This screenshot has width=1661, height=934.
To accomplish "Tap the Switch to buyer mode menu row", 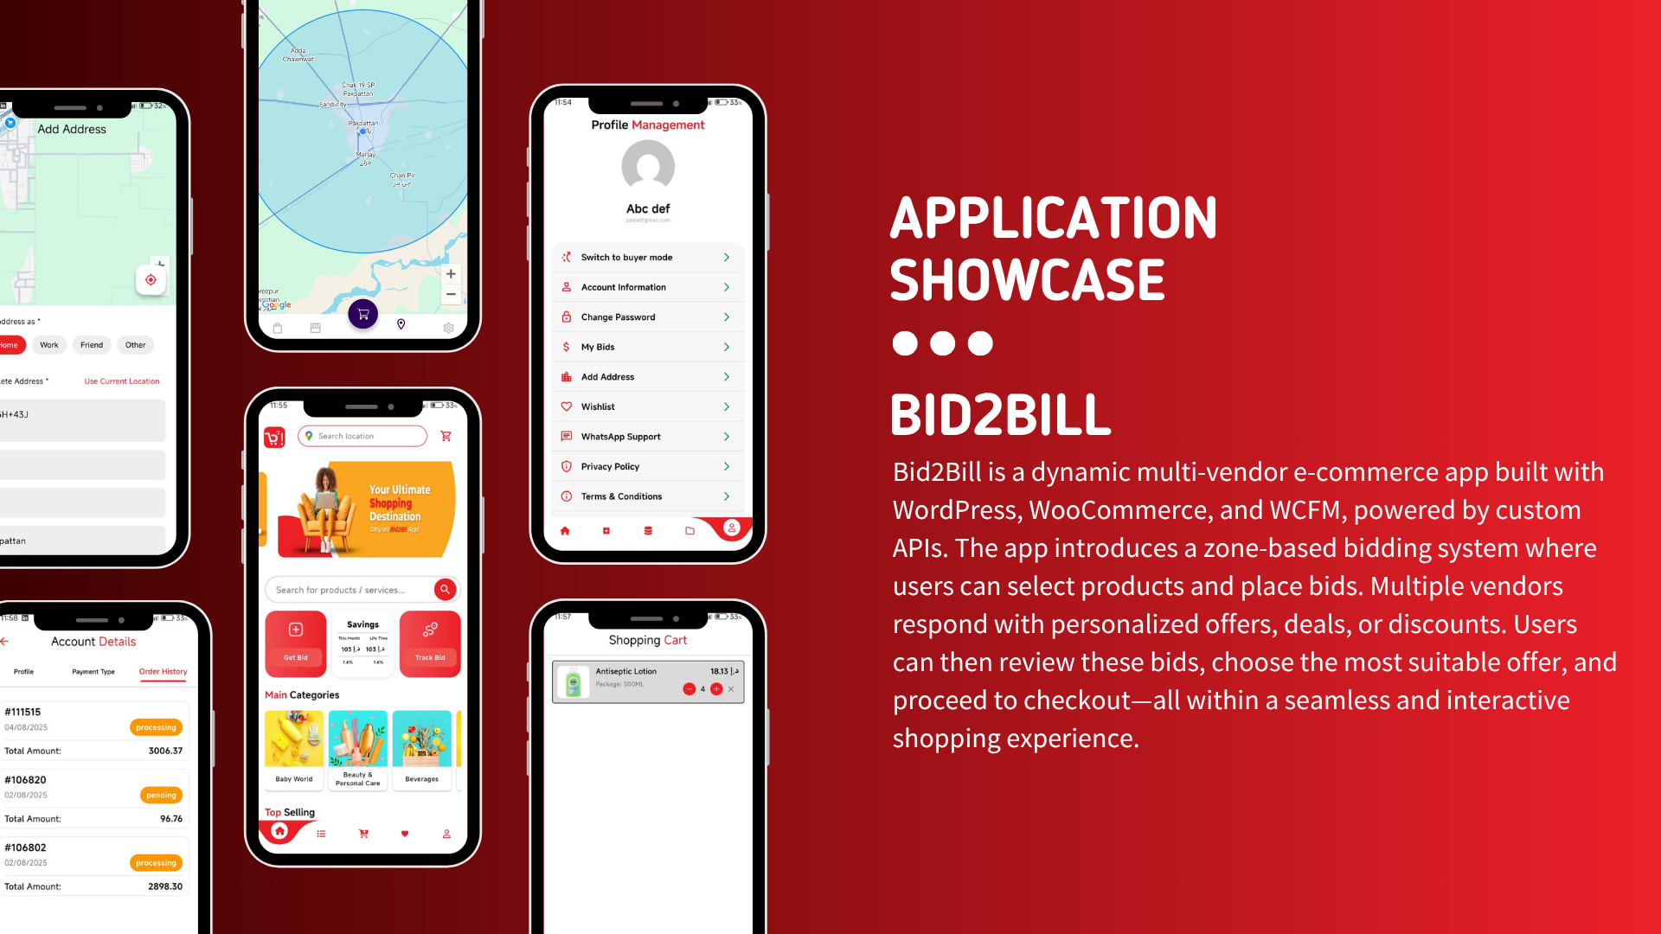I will [647, 258].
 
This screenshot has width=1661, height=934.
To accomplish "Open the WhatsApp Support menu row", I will [647, 437].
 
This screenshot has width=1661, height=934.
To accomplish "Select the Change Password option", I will [647, 317].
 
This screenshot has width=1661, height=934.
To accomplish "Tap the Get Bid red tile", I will [296, 643].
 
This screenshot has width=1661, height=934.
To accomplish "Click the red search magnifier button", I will [445, 590].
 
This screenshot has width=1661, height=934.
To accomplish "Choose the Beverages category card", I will [422, 748].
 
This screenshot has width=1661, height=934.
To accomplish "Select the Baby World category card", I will [294, 748].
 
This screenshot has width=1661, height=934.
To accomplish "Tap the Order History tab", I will [163, 672].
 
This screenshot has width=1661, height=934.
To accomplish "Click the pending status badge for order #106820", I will [161, 796].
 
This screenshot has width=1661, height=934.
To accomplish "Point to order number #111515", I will [22, 713].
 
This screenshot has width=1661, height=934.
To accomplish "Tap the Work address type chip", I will [49, 345].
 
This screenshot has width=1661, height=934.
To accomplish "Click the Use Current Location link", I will [122, 381].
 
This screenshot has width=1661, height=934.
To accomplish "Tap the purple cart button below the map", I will [363, 314].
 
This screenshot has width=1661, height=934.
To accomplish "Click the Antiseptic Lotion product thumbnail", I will [573, 681].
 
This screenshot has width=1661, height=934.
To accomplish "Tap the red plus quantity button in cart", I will [716, 689].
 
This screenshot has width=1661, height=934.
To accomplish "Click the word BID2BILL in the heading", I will [1000, 416].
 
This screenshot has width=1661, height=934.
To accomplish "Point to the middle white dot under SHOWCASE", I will [942, 343].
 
